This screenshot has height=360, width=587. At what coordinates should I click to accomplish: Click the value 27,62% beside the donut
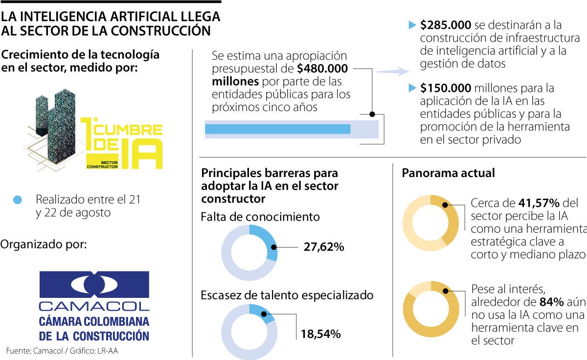324,247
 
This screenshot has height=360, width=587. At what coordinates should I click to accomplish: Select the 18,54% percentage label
320,335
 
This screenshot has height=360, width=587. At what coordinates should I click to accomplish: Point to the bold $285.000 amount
446,25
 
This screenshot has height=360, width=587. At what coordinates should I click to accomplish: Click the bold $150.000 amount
446,89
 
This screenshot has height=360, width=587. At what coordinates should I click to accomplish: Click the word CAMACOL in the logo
94,307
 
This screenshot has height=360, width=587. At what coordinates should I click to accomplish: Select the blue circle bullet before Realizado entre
18,200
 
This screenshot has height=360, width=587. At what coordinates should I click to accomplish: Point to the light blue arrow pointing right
393,71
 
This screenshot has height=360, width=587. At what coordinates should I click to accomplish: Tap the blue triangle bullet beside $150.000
412,89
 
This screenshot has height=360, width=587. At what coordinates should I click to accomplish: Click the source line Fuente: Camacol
62,351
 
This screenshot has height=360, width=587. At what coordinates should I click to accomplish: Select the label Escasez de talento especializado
287,295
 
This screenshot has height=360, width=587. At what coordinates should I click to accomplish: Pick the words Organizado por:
44,244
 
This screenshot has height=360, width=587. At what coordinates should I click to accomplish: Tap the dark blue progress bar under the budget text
277,129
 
